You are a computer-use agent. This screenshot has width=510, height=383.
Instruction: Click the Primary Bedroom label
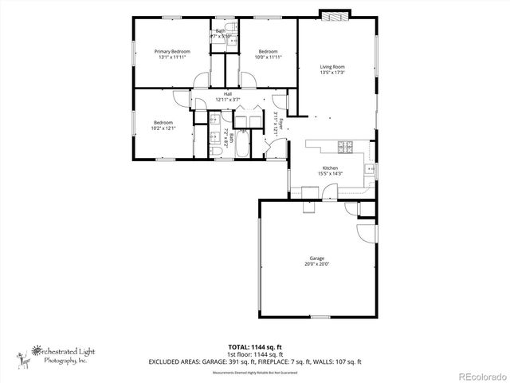point(172,52)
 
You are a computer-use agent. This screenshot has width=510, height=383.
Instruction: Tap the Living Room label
point(332,67)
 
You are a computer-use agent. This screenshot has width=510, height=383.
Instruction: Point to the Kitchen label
point(329,168)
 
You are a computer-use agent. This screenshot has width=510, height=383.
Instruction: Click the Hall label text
point(228,94)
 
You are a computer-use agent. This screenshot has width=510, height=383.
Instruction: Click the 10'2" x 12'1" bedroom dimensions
point(164,128)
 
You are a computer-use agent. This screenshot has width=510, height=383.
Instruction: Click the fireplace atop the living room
point(332,15)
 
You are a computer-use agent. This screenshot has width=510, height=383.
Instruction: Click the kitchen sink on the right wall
point(369,169)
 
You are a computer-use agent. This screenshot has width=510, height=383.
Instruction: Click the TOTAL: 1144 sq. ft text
point(254,348)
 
